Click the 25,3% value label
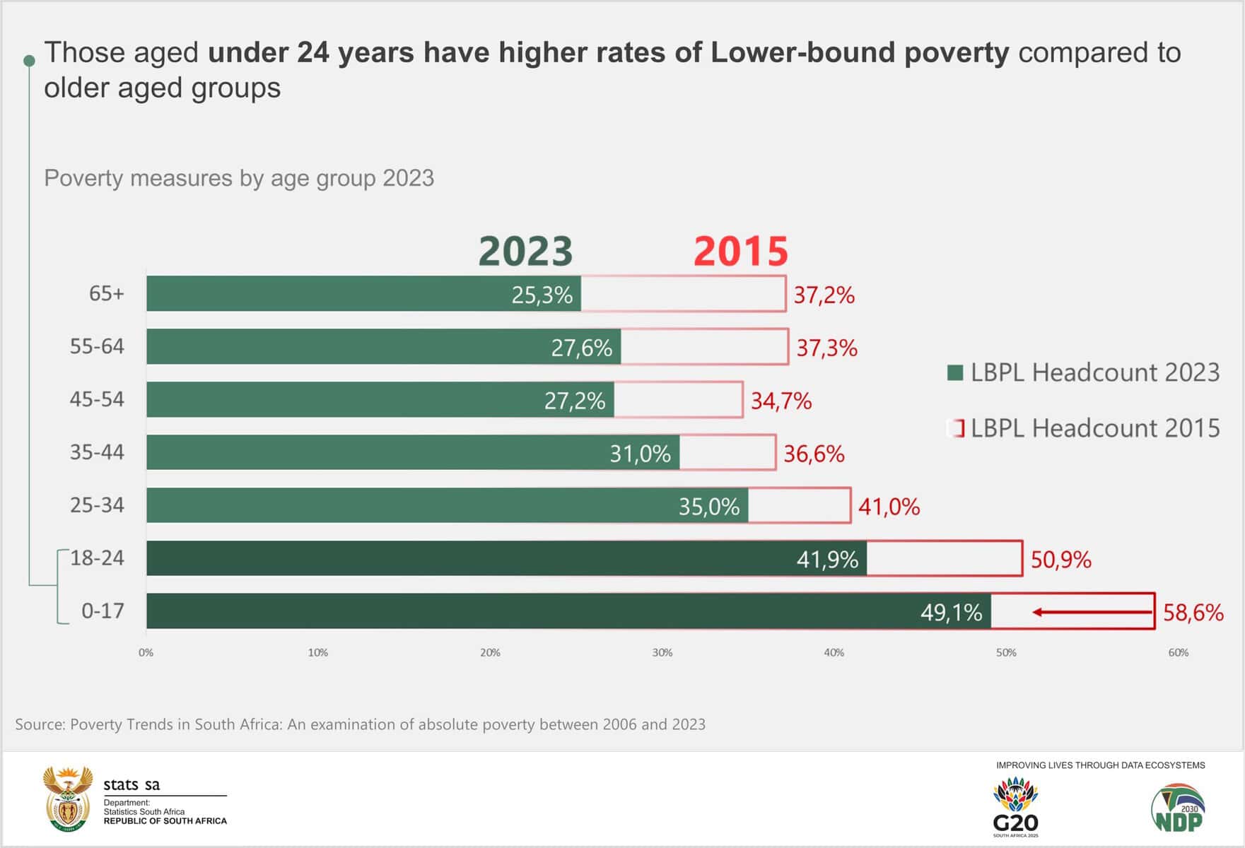(542, 295)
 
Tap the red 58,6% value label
(1193, 612)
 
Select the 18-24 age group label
(97, 558)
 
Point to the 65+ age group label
(106, 293)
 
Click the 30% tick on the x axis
(662, 653)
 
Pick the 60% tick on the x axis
(1178, 653)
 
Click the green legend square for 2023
(955, 372)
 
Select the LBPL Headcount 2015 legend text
(1095, 428)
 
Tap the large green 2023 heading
(525, 252)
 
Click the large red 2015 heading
(740, 252)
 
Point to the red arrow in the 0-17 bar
(1092, 612)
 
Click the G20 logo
(1015, 806)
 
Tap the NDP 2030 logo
(1178, 808)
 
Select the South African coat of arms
(68, 798)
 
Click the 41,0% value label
(889, 507)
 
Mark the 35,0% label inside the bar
(708, 507)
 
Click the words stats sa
(131, 784)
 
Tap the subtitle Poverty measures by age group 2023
(239, 178)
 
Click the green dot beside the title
(29, 61)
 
